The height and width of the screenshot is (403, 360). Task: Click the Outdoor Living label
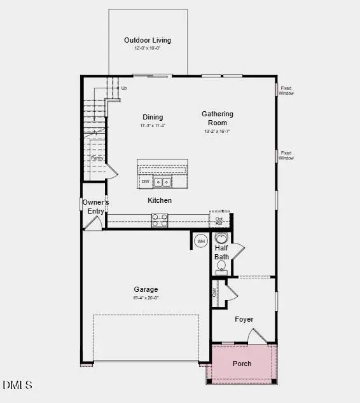tap(148, 41)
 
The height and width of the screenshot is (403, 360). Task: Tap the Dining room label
tap(153, 117)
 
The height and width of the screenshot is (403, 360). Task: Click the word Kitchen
tap(160, 200)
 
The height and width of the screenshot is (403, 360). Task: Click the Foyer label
tap(244, 319)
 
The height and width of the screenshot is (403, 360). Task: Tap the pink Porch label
tap(242, 364)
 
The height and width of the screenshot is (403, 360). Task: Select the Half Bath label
tap(221, 252)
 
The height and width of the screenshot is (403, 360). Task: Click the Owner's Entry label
tap(96, 207)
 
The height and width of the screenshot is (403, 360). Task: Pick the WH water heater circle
tap(201, 241)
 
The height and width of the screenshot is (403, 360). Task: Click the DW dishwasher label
tap(146, 182)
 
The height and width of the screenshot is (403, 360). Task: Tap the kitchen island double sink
tap(163, 182)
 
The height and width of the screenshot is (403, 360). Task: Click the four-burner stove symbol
tap(160, 220)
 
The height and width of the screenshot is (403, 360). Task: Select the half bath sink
tap(221, 238)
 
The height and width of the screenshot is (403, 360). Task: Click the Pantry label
tap(97, 158)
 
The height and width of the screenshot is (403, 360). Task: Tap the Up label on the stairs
tap(123, 88)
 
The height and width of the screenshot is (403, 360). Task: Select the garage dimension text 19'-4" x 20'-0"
tap(145, 297)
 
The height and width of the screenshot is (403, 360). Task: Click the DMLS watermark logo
tap(17, 385)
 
